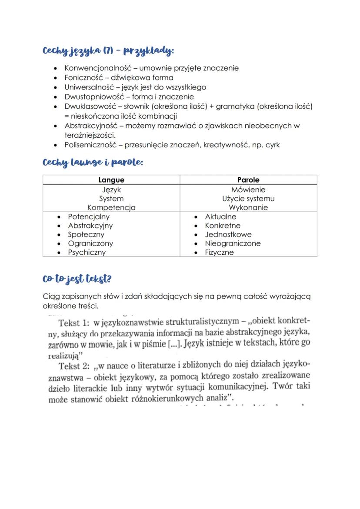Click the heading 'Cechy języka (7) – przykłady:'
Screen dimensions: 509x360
point(108,51)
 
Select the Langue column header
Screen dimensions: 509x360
point(111,180)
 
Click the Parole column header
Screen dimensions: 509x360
point(248,180)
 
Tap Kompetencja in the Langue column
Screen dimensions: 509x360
point(111,208)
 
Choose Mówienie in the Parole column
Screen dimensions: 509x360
point(248,190)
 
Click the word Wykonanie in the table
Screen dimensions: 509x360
point(248,208)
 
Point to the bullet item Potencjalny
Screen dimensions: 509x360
point(89,216)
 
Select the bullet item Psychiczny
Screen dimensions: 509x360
point(87,253)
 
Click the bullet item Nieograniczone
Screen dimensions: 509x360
point(233,243)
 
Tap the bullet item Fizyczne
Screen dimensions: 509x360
point(219,253)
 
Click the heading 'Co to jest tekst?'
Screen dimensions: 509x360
point(80,279)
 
